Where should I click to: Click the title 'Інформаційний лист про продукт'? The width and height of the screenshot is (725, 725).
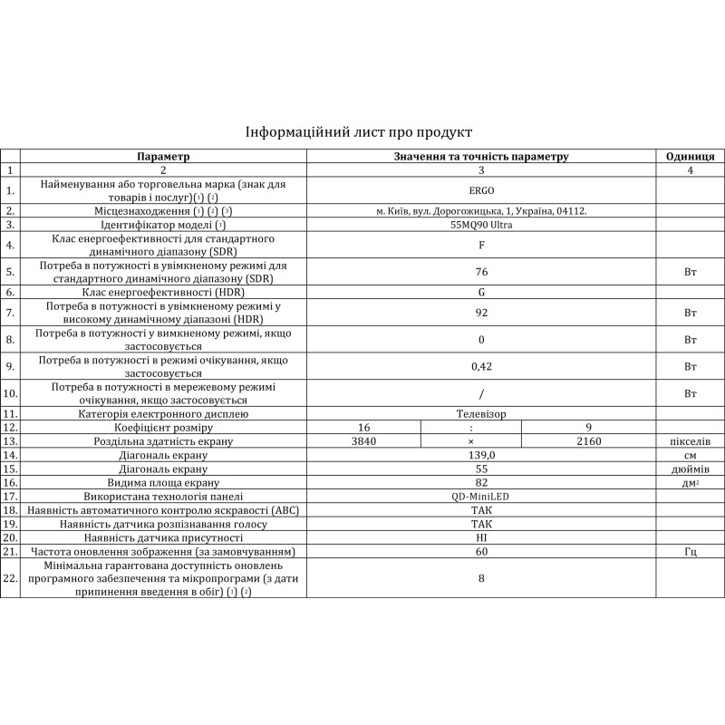click(x=359, y=132)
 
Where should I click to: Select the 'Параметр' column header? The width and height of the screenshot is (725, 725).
click(x=163, y=156)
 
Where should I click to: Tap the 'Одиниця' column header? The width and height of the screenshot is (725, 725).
click(x=691, y=156)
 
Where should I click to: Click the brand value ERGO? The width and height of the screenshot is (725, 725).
click(x=480, y=190)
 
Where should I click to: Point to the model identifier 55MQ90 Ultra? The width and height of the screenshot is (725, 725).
click(x=480, y=224)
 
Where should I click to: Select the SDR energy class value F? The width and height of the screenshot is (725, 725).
click(x=480, y=245)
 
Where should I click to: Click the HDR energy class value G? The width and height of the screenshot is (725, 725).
click(x=480, y=293)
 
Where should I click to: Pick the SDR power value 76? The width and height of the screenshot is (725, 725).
click(x=480, y=271)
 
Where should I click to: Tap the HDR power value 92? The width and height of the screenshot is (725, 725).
click(x=480, y=314)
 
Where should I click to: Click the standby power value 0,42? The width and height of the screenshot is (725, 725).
click(x=480, y=366)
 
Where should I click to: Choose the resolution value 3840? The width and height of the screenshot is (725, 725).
click(x=362, y=441)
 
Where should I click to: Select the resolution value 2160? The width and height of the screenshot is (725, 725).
click(x=588, y=441)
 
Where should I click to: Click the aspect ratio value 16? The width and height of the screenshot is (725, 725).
click(x=363, y=427)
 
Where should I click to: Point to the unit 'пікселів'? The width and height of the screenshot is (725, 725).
click(x=691, y=441)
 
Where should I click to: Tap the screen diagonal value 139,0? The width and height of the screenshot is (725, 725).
click(x=480, y=455)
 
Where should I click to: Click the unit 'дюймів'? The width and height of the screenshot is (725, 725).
click(x=691, y=469)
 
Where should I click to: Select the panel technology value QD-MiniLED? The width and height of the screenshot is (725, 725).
click(x=480, y=497)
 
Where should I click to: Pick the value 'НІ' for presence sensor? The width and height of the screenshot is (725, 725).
click(x=480, y=537)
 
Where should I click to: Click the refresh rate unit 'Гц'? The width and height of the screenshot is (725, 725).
click(x=691, y=552)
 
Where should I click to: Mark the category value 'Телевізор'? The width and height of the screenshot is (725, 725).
click(x=480, y=413)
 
